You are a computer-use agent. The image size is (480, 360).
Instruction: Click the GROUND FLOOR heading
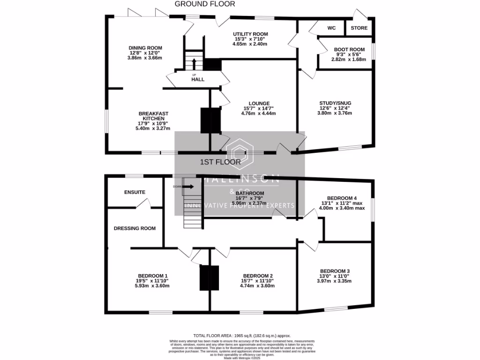pos(205,4)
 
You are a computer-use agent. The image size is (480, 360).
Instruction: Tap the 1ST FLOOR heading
pos(220,162)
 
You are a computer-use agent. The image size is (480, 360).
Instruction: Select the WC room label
pos(331,28)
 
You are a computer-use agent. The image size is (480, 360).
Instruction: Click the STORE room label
pos(360,28)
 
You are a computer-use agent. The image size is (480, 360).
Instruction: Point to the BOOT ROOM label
pos(349,49)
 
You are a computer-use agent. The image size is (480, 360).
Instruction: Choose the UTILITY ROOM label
pos(250,34)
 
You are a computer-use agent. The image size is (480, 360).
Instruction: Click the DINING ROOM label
pos(145,48)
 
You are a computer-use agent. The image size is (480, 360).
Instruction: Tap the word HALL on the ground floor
pos(198,80)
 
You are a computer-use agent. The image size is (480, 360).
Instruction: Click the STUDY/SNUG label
pos(335,103)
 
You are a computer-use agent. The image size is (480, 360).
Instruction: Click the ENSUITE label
pos(135,192)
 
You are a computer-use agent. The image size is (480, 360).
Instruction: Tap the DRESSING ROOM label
pos(135,228)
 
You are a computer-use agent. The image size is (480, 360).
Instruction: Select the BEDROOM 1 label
pos(153,276)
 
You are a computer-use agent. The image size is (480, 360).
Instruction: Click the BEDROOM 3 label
pos(335,271)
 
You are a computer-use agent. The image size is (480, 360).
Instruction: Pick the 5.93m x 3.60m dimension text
pos(152,286)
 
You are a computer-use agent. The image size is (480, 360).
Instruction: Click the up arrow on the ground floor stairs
pos(193,62)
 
